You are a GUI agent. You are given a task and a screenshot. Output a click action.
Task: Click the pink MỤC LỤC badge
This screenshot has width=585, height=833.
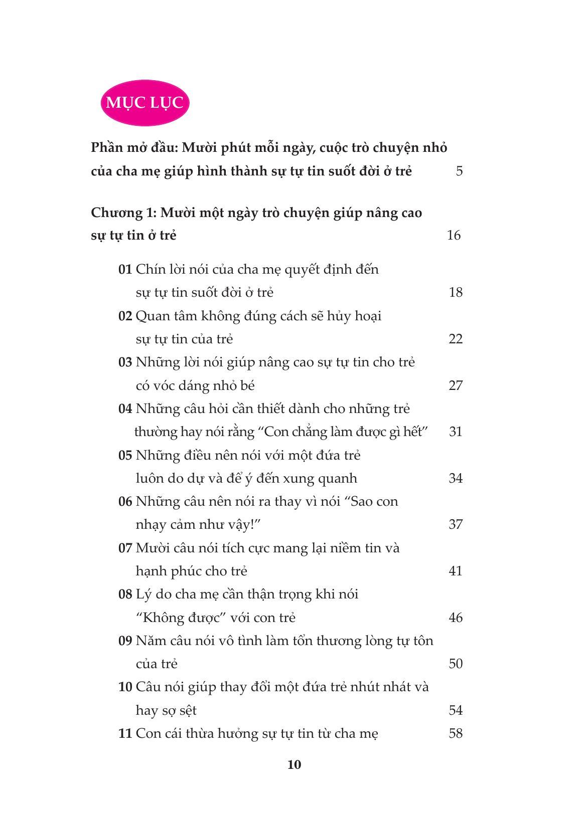click(x=145, y=103)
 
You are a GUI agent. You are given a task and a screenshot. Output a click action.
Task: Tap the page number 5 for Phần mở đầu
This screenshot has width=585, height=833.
click(x=459, y=171)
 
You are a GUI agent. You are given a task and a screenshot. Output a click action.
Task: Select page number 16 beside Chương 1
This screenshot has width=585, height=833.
click(x=454, y=235)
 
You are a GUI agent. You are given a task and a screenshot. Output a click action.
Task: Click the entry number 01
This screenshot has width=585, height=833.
click(x=125, y=269)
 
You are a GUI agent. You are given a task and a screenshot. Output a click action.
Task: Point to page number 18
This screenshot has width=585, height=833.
click(x=456, y=292)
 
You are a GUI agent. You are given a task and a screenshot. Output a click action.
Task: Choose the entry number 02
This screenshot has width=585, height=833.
click(x=125, y=316)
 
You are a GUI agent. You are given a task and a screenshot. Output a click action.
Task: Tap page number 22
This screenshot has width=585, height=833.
click(x=456, y=339)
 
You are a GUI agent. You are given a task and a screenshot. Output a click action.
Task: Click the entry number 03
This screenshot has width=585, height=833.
click(x=125, y=362)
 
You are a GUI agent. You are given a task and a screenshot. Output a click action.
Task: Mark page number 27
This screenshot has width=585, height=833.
click(x=456, y=385)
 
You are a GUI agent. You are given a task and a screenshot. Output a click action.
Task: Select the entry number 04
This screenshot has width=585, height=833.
click(x=125, y=408)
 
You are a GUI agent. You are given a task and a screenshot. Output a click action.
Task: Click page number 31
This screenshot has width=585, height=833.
click(x=456, y=432)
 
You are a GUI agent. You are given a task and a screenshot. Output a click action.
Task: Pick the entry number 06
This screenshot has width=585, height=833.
click(x=125, y=501)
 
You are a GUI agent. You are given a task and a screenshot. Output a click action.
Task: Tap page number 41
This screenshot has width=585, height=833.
click(x=456, y=571)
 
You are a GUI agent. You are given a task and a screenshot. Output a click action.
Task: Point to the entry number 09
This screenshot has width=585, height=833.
click(x=125, y=641)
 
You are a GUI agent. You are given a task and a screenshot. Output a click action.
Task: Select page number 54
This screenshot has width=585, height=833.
click(x=456, y=710)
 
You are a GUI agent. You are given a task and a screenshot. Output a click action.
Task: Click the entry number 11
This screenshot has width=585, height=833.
click(x=125, y=733)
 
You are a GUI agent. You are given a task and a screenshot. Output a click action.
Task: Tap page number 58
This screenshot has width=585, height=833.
click(x=456, y=733)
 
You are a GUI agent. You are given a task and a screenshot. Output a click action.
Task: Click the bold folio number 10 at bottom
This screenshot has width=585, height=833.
click(x=295, y=764)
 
